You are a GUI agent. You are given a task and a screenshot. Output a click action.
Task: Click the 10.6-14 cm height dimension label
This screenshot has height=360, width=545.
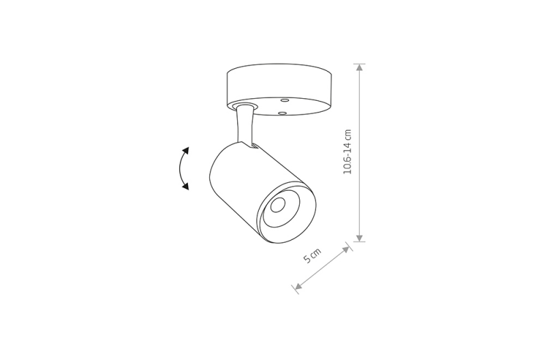pos(347,151)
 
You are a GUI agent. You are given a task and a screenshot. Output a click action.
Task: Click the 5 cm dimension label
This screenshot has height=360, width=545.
pos(313,255)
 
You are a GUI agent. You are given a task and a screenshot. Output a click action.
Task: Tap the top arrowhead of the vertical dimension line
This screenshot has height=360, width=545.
pos(360,67)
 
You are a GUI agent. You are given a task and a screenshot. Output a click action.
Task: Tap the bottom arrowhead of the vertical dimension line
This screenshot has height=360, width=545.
pos(360,237)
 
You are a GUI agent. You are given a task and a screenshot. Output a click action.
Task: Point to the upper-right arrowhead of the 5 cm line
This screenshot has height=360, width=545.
pos(346,250)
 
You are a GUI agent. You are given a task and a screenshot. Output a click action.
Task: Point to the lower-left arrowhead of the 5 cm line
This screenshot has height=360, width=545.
pos(298,286)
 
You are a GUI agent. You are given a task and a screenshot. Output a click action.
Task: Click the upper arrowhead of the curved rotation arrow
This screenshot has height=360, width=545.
pos(186,151)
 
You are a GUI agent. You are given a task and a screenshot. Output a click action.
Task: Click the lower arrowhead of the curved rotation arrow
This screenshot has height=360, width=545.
pos(186,186)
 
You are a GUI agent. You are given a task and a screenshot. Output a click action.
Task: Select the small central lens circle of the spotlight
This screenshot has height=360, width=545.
pos(278,205)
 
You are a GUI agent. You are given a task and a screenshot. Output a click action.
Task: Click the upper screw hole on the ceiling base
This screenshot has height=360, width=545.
pos(285,100)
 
